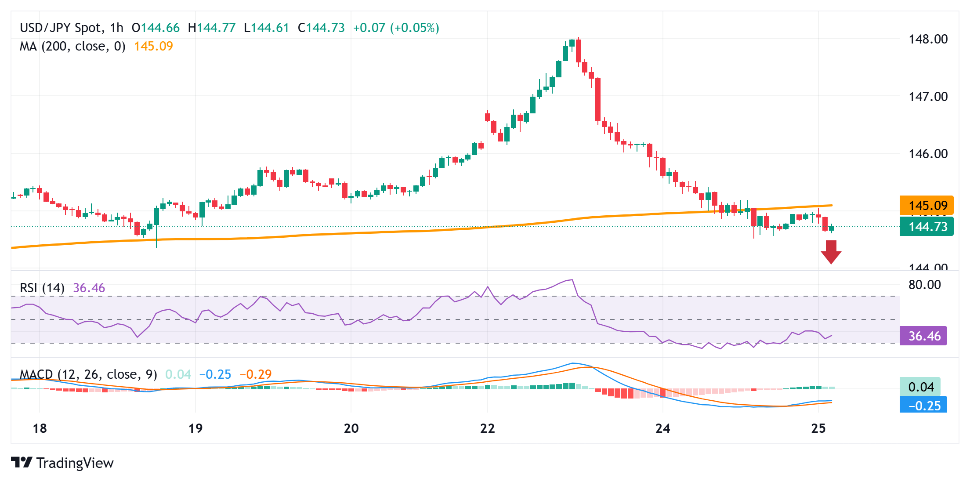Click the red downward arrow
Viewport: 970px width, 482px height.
[x=831, y=252]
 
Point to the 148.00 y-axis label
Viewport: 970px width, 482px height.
[x=928, y=39]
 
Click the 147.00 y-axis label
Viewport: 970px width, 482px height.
[x=928, y=96]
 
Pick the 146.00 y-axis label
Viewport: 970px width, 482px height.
[x=928, y=153]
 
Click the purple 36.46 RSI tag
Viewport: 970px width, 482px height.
[x=923, y=336]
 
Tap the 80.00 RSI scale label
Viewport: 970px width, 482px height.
[x=924, y=285]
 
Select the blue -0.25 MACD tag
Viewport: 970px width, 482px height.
[x=923, y=406]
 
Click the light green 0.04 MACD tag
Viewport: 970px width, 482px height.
[x=920, y=387]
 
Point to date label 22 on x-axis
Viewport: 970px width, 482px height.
[x=487, y=428]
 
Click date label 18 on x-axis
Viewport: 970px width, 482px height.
[x=40, y=428]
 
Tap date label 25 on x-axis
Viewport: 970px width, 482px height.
[x=818, y=428]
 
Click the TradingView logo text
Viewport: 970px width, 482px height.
[x=75, y=463]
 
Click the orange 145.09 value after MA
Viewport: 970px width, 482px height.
[x=153, y=46]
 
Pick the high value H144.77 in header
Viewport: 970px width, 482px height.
[x=212, y=28]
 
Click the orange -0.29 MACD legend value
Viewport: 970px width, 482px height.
[x=256, y=374]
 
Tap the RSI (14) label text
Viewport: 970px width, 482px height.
[x=42, y=288]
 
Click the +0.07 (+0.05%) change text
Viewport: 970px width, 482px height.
[x=396, y=28]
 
